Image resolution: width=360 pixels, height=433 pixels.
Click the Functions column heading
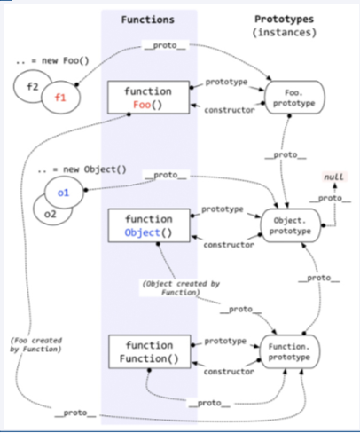point(149,19)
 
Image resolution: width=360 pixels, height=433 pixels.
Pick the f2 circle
point(31,88)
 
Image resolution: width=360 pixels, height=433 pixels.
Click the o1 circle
point(62,193)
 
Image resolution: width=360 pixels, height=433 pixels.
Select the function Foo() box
point(149,98)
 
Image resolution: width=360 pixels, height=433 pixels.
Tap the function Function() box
point(149,351)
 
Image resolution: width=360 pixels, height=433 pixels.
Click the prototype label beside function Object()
point(223,209)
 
